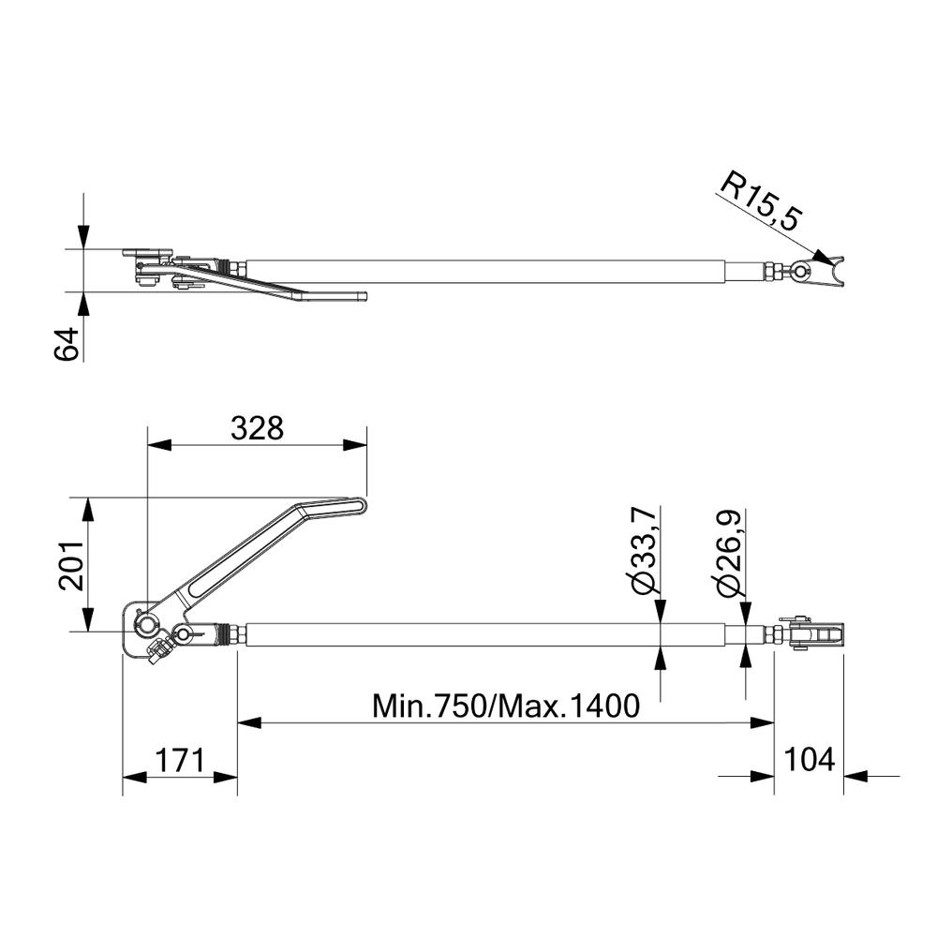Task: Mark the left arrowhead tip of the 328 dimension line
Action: click(x=147, y=444)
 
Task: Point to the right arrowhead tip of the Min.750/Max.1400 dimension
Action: click(x=774, y=722)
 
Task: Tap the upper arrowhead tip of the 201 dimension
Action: click(x=88, y=498)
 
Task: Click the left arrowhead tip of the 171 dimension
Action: click(x=123, y=777)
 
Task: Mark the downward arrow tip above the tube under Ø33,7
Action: click(x=661, y=623)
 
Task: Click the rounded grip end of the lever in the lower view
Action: click(x=359, y=506)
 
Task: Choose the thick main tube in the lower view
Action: click(x=485, y=634)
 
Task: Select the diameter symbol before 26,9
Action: click(x=729, y=585)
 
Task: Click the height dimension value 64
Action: click(x=67, y=344)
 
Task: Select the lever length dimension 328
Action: click(x=257, y=428)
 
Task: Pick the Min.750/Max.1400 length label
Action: click(x=506, y=706)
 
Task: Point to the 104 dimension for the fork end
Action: click(x=809, y=760)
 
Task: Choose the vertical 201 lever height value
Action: click(x=71, y=566)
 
